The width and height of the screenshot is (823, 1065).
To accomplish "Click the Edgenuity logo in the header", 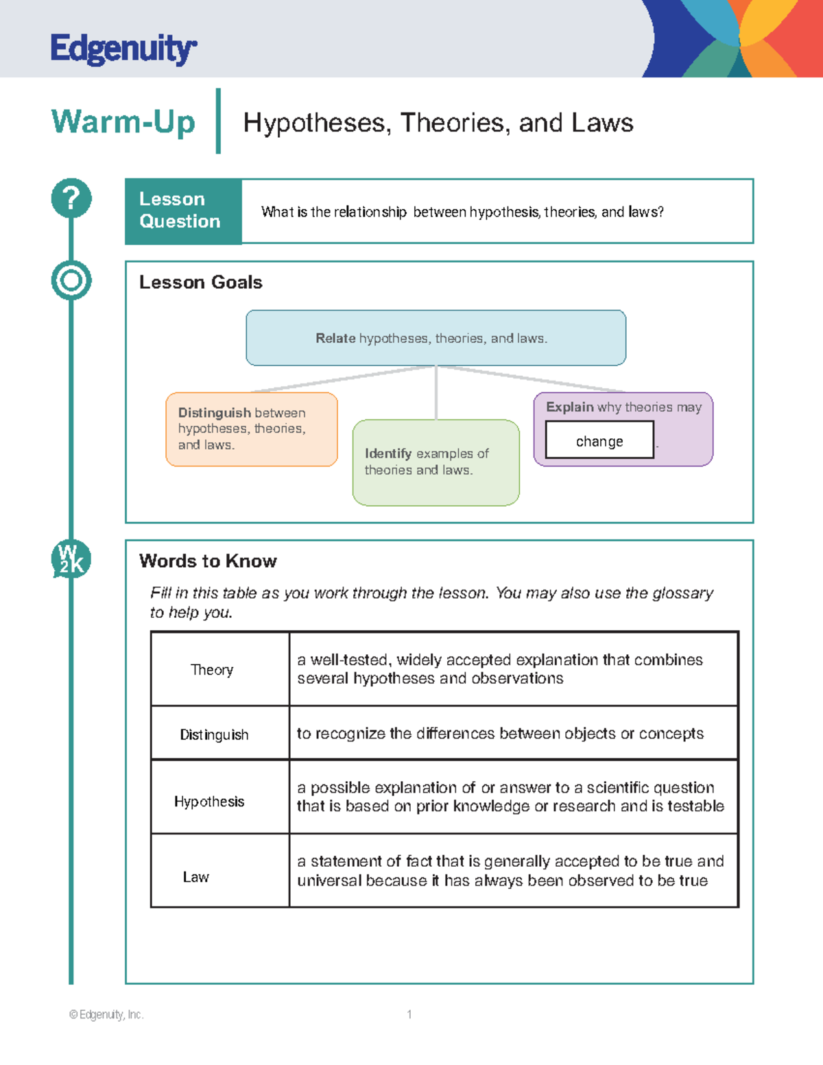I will [123, 49].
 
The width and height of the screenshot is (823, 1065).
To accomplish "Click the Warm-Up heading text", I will [123, 122].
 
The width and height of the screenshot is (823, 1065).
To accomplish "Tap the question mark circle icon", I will [71, 198].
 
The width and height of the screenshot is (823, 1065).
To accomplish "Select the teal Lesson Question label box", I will [183, 211].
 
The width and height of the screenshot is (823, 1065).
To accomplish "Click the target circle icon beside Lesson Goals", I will [71, 280].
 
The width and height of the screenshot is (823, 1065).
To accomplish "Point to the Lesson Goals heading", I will [200, 283].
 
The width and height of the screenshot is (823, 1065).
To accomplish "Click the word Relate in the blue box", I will [335, 338].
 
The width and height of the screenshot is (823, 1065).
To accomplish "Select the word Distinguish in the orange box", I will [214, 413].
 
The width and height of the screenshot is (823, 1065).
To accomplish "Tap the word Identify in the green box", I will [387, 453].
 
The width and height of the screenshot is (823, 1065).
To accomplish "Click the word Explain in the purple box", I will [569, 407].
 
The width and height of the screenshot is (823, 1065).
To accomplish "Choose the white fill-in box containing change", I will [599, 440].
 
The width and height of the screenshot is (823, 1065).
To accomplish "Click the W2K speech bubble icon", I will [71, 559].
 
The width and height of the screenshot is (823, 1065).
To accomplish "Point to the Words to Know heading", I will [208, 561].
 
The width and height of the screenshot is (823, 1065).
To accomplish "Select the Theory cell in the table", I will [212, 669].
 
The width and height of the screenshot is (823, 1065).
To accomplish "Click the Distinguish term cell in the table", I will [214, 734].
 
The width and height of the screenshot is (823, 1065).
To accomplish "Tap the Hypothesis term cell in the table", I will [209, 802].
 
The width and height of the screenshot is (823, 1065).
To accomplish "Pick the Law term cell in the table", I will [196, 877].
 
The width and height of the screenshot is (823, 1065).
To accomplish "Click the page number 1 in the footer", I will [409, 1014].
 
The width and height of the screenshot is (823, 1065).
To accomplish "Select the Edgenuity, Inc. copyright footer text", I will [106, 1014].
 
